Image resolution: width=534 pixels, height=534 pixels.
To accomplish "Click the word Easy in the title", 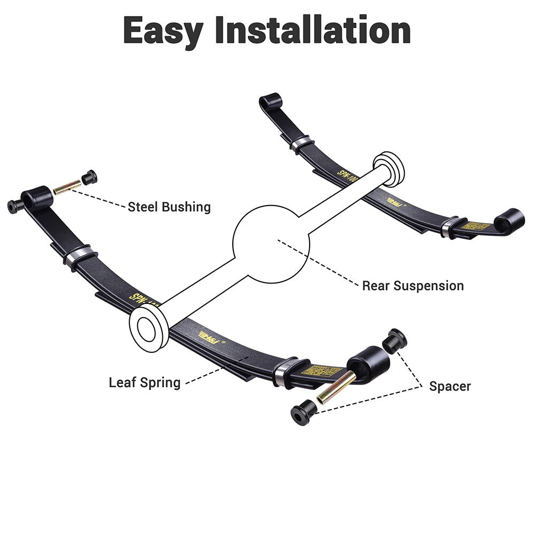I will coord(163,30).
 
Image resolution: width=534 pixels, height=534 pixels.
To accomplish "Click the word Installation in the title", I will coord(312,30).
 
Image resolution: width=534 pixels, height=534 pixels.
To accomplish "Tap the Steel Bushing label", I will coord(169,207).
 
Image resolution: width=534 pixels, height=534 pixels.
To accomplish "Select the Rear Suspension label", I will coord(413,286).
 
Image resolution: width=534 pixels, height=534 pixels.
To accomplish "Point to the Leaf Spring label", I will coord(145,382).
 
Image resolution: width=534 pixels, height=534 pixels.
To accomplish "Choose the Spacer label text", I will coord(450,386).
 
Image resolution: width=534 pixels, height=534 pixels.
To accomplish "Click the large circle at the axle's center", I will coord(271,244).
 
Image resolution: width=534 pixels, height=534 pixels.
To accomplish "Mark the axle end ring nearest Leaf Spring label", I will coord(148,325).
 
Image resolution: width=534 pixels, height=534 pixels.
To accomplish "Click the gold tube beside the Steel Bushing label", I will coord(68,186).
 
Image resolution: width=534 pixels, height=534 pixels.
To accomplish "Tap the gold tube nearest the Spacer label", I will coord(335,388).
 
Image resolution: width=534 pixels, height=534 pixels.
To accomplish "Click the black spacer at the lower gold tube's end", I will coord(302,414).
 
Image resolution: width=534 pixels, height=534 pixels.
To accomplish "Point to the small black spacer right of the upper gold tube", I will coord(89,177).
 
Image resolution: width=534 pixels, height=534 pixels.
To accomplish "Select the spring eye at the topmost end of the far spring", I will coord(270,101).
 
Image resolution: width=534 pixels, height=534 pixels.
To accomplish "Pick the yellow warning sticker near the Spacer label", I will coord(321,369).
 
